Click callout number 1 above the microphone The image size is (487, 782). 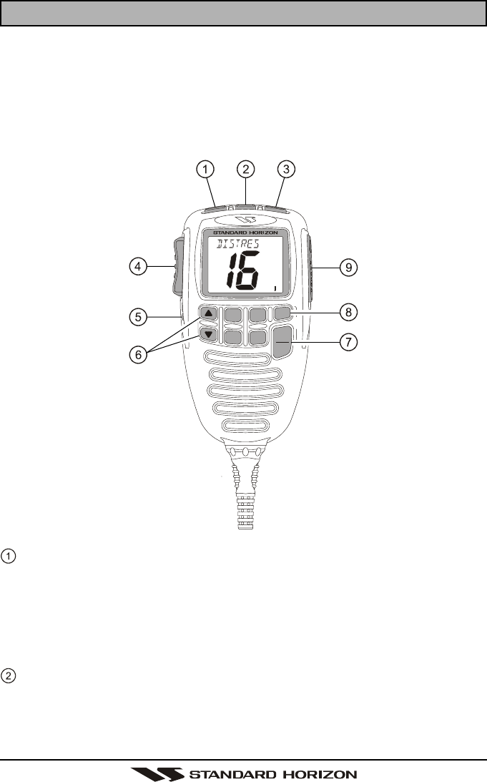coord(205,170)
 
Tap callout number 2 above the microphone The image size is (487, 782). coord(246,170)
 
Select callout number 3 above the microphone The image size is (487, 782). coord(286,170)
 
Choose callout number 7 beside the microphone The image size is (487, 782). coord(348,342)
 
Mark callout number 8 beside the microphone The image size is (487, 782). coord(348,312)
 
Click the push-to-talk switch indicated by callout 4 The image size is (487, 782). coord(176,268)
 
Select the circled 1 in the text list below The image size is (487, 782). coord(7,554)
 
